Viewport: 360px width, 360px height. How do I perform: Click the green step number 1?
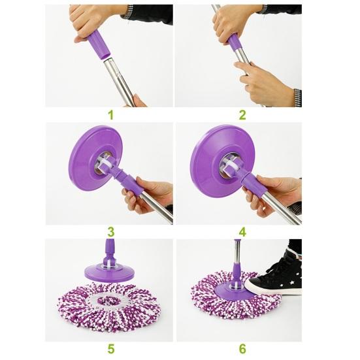click(110, 114)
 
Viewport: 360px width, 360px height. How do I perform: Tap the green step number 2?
click(242, 114)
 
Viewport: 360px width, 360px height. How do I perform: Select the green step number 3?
click(110, 231)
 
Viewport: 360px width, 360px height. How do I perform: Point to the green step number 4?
click(242, 231)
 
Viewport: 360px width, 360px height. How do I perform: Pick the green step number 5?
click(110, 348)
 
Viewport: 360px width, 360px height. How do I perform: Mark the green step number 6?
click(242, 348)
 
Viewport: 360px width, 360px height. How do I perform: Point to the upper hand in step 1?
click(95, 20)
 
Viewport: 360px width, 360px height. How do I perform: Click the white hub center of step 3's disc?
click(103, 165)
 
